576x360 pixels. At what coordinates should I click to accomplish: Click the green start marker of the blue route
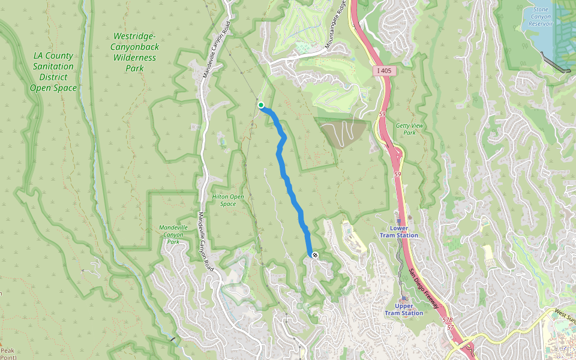[x=261, y=105]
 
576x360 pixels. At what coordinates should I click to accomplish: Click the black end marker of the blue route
[x=314, y=255]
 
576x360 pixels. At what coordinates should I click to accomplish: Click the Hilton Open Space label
[x=228, y=200]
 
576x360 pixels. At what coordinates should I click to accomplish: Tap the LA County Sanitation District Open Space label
[x=54, y=71]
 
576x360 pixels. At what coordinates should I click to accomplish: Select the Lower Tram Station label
[x=404, y=232]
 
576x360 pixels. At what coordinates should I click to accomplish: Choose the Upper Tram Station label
[x=404, y=309]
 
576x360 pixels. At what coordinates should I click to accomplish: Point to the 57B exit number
[x=447, y=321]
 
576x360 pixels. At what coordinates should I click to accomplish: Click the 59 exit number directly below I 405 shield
[x=382, y=113]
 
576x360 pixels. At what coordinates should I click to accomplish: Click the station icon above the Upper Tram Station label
[x=404, y=298]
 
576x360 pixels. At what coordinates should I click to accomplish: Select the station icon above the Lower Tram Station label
[x=398, y=221]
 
